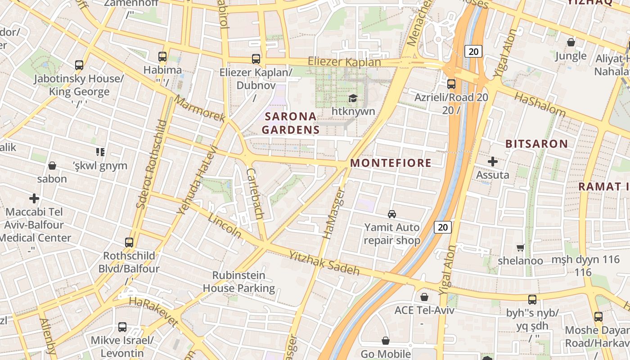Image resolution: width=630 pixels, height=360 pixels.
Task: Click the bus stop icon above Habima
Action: click(x=162, y=57)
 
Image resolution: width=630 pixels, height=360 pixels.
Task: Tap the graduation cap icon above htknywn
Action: click(x=352, y=98)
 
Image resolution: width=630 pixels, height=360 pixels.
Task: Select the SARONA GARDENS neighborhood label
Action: click(x=291, y=123)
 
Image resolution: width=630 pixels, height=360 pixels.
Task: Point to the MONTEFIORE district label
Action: click(x=391, y=163)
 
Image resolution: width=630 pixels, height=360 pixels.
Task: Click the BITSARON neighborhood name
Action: click(x=536, y=144)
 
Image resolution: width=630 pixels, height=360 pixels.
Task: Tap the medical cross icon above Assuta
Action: click(x=493, y=161)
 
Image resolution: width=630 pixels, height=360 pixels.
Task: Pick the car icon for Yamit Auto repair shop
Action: click(x=392, y=214)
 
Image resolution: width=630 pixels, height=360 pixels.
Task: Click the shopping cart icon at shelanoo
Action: click(x=521, y=247)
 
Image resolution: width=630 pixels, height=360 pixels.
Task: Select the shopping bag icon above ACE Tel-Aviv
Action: click(x=424, y=297)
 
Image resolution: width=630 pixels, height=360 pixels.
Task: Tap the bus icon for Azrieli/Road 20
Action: click(x=451, y=84)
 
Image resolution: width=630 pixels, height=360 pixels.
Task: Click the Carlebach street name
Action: click(x=255, y=193)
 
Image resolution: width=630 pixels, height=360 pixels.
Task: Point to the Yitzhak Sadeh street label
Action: click(x=324, y=263)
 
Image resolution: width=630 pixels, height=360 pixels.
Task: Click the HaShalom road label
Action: click(x=540, y=104)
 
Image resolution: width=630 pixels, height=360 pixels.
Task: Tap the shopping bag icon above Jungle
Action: click(x=571, y=42)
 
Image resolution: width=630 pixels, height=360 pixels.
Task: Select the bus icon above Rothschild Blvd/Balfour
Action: click(x=129, y=243)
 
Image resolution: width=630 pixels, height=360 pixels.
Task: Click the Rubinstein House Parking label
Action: click(x=238, y=282)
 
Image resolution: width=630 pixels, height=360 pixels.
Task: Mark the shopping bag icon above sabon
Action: click(x=52, y=166)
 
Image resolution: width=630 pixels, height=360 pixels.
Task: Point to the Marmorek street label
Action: click(x=199, y=108)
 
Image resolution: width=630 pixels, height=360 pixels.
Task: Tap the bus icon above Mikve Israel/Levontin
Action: click(x=122, y=327)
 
